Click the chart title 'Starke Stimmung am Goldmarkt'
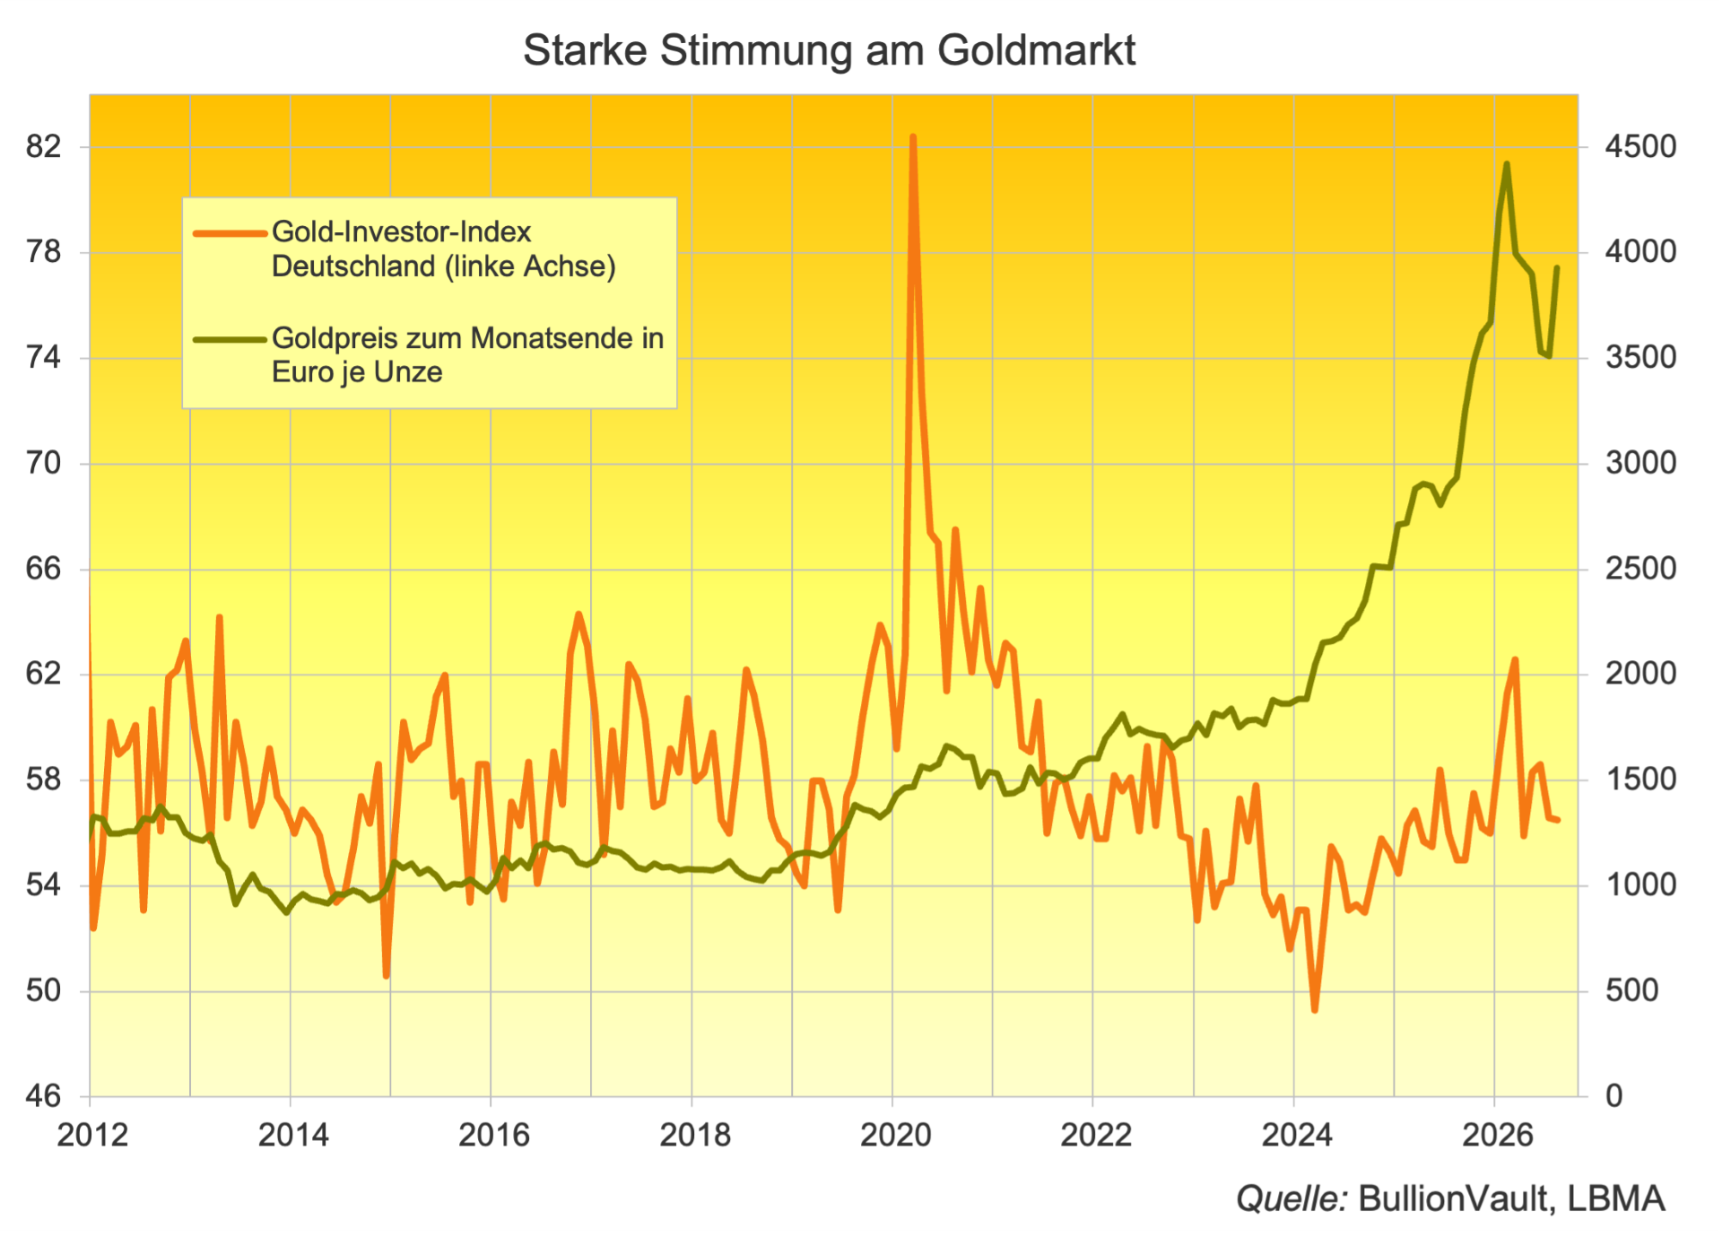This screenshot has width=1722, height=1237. click(x=829, y=50)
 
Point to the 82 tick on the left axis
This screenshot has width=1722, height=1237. click(x=44, y=146)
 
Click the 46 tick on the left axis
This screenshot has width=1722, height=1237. click(x=44, y=1095)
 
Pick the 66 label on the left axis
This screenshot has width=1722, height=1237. click(x=44, y=569)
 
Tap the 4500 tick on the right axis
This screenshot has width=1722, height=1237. click(x=1640, y=146)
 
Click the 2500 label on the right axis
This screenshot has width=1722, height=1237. click(x=1640, y=569)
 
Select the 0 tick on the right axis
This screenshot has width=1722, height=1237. click(x=1613, y=1095)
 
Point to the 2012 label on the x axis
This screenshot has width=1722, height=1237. click(x=92, y=1136)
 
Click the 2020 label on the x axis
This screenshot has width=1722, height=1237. click(x=895, y=1136)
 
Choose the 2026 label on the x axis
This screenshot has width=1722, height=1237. click(x=1498, y=1136)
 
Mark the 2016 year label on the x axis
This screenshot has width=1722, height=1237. click(x=494, y=1136)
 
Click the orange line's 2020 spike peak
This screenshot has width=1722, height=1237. click(x=912, y=137)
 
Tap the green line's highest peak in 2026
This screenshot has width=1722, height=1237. click(x=1506, y=164)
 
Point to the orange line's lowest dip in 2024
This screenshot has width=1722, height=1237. click(x=1315, y=1010)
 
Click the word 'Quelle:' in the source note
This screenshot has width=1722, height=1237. click(x=1291, y=1198)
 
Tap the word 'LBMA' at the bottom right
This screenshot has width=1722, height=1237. click(x=1616, y=1198)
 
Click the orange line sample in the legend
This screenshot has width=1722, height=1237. click(x=230, y=233)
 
